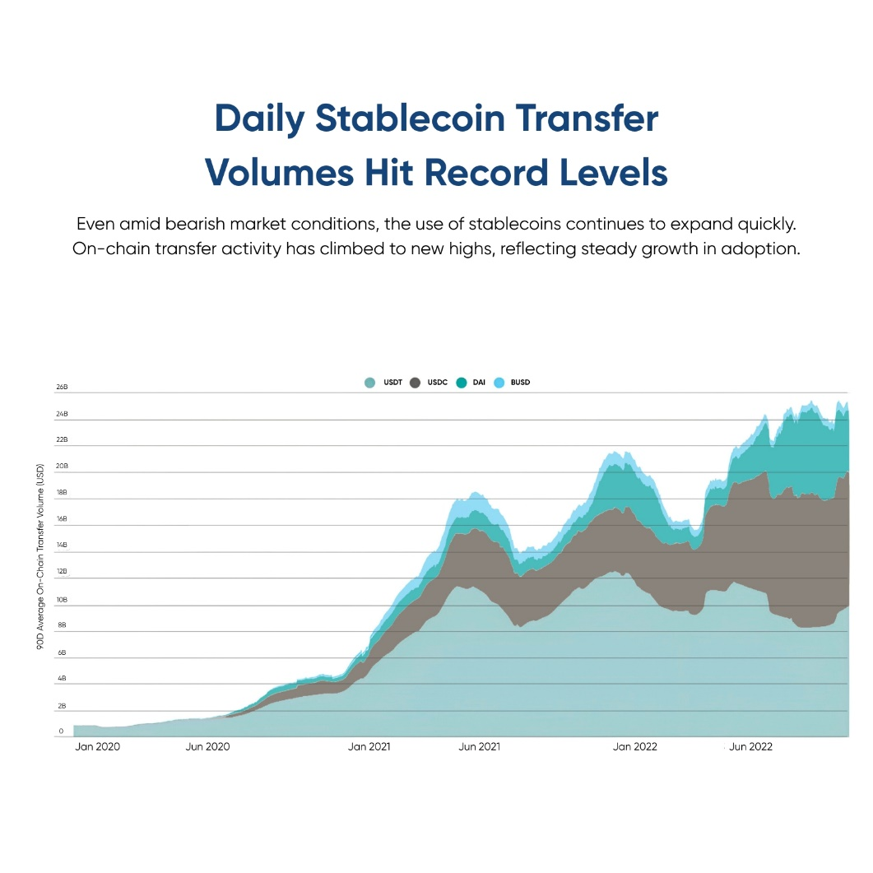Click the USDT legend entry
point(383,383)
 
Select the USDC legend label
point(437,383)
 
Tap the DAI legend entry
point(478,383)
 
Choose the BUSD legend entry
point(520,383)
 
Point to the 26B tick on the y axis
point(62,387)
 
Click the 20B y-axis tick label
point(62,466)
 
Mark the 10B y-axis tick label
point(62,599)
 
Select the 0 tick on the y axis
point(61,731)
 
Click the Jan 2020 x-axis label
point(97,747)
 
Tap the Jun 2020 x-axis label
point(208,747)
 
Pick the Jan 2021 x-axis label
point(369,747)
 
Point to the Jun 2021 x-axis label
point(479,747)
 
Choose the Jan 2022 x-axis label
point(634,747)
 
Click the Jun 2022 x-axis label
point(750,747)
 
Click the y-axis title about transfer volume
point(40,558)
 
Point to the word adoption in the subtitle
point(759,248)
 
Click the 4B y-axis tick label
point(62,679)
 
